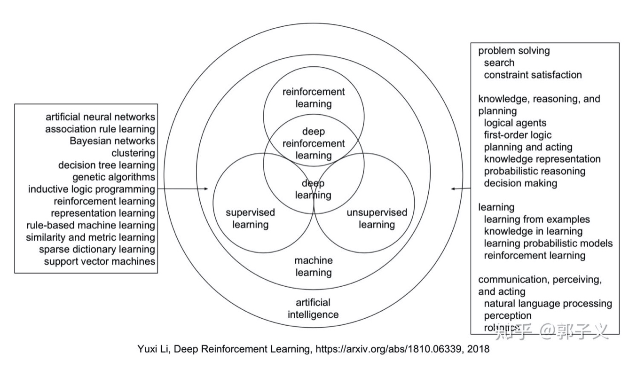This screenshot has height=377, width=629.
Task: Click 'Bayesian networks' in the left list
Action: [112, 141]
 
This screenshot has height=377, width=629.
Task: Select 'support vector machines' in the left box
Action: [99, 262]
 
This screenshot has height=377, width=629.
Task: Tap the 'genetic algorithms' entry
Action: [114, 177]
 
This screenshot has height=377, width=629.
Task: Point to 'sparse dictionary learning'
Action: [97, 250]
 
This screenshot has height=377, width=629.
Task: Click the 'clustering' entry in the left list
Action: [134, 153]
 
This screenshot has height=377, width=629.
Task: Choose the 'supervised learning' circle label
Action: [250, 219]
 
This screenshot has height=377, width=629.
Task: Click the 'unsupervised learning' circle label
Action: [377, 219]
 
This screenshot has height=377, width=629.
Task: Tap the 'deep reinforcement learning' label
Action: [314, 143]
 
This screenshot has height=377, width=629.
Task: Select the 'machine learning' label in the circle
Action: [314, 267]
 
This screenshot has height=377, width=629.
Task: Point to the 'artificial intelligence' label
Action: [313, 308]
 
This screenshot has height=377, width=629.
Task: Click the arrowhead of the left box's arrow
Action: [206, 188]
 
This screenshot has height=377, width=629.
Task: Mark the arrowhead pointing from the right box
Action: [453, 188]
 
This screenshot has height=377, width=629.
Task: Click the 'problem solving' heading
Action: [514, 51]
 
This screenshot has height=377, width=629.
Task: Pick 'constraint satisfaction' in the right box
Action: [533, 75]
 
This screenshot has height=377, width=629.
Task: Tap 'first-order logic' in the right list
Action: [518, 135]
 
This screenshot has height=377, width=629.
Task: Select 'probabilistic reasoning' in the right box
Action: [535, 171]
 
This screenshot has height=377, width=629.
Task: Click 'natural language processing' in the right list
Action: [548, 304]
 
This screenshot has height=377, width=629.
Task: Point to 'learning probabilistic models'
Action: [548, 243]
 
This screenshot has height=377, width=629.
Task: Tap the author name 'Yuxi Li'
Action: [153, 349]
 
